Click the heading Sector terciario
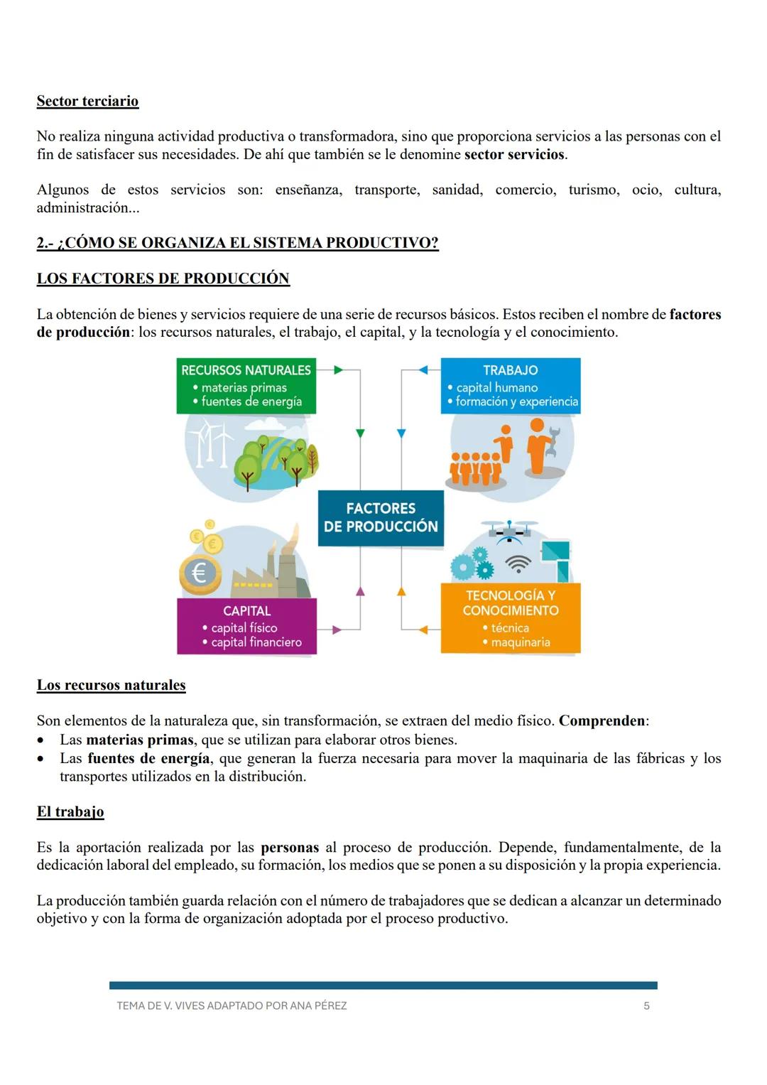87,101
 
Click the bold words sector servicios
515,154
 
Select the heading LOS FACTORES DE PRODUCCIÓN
163,278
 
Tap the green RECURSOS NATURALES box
246,385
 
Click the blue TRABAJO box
510,385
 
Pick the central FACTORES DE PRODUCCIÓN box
381,517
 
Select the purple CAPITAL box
246,626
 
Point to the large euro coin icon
200,573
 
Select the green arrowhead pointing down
360,433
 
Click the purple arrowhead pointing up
360,591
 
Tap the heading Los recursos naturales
111,685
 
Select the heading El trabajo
70,811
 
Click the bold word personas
290,847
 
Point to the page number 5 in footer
646,1005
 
